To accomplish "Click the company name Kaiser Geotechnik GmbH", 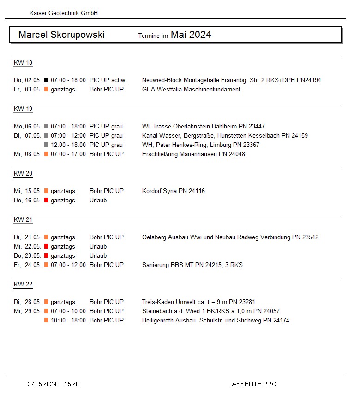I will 63,13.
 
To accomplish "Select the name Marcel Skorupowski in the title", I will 61,35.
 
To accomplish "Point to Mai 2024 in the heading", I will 191,35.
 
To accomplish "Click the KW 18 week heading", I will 23,63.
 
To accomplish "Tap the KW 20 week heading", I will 23,174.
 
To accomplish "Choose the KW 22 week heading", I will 23,285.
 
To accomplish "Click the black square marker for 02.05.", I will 46,80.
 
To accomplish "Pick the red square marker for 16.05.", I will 46,201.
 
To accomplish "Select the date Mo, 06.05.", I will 28,127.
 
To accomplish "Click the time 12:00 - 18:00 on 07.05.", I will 68,145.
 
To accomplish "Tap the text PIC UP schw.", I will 108,80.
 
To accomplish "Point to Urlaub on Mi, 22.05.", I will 98,247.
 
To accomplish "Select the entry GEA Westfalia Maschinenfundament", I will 191,90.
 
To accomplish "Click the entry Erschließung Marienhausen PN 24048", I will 193,154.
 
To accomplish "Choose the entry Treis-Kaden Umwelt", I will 168,302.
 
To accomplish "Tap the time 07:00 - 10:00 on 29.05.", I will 68,311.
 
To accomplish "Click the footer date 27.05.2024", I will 42,384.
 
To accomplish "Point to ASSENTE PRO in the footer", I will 254,384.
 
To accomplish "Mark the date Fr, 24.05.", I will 28,265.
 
